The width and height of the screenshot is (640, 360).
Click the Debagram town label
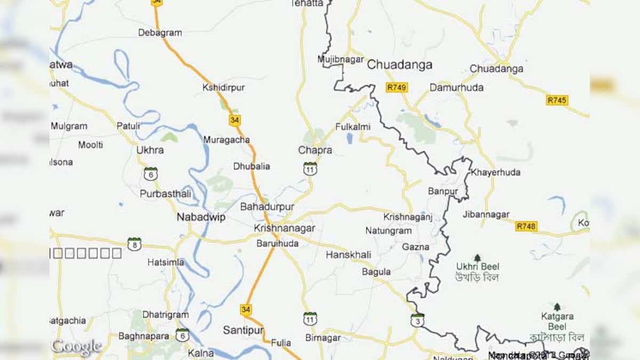(x=160, y=33)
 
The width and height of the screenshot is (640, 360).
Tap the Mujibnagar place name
(x=340, y=59)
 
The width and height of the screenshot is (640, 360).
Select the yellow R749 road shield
(x=397, y=87)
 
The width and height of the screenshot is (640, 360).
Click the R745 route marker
(x=557, y=100)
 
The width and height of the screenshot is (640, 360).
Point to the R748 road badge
(x=526, y=227)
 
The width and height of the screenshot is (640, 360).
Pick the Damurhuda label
(x=457, y=87)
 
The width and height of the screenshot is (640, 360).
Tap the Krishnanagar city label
(x=284, y=228)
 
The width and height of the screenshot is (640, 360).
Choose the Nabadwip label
(x=201, y=217)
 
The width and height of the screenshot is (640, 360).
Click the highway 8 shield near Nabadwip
(x=134, y=244)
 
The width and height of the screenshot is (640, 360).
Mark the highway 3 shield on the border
(x=418, y=320)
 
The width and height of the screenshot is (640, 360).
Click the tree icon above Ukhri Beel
(x=477, y=258)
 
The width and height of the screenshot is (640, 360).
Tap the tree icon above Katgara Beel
(x=557, y=307)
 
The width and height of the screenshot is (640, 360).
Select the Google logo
(x=76, y=347)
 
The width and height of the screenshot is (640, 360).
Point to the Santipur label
(x=243, y=331)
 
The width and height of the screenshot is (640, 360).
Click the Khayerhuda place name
(x=495, y=172)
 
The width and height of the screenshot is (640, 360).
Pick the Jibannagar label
(x=486, y=214)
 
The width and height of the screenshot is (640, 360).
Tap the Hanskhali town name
(x=348, y=255)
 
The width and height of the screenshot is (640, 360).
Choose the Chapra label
(x=315, y=150)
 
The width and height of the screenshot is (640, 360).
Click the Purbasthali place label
(x=165, y=194)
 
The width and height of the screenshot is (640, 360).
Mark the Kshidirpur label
(x=223, y=87)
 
